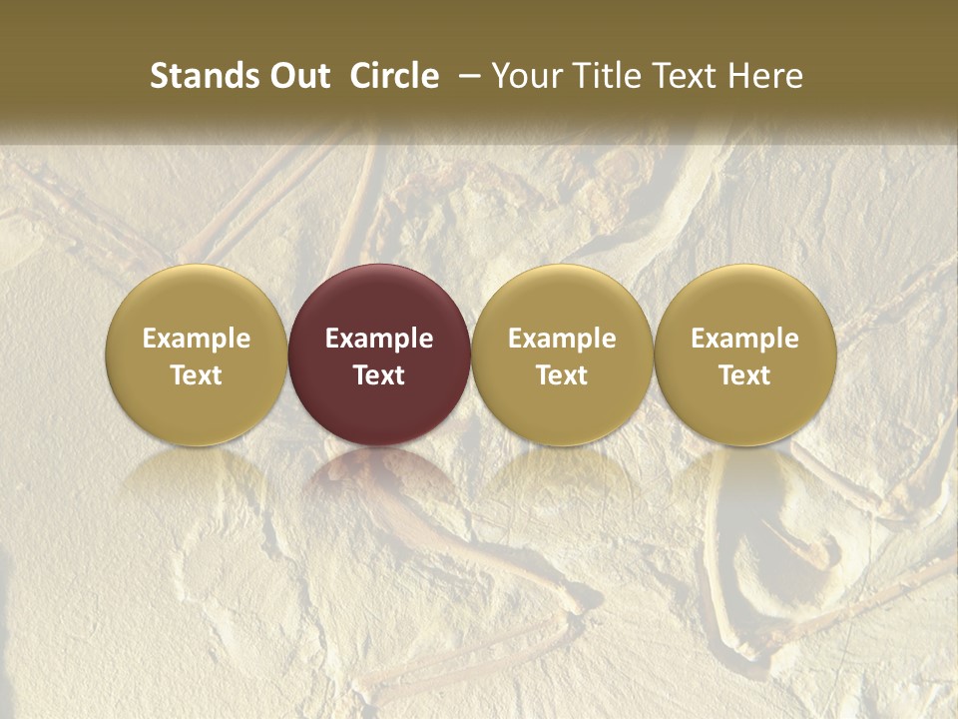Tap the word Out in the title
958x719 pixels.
pyautogui.click(x=297, y=76)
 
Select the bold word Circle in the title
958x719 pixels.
pyautogui.click(x=394, y=76)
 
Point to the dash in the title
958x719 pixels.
pyautogui.click(x=466, y=76)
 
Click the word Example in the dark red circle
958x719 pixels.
pyautogui.click(x=379, y=339)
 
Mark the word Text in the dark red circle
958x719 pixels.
pyautogui.click(x=379, y=375)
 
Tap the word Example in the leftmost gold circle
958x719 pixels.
pyautogui.click(x=197, y=339)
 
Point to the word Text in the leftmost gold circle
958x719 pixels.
pyautogui.click(x=197, y=375)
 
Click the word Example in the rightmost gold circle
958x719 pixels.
pyautogui.click(x=745, y=339)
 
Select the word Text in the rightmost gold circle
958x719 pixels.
pyautogui.click(x=745, y=375)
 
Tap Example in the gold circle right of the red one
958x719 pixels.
pyautogui.click(x=562, y=339)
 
